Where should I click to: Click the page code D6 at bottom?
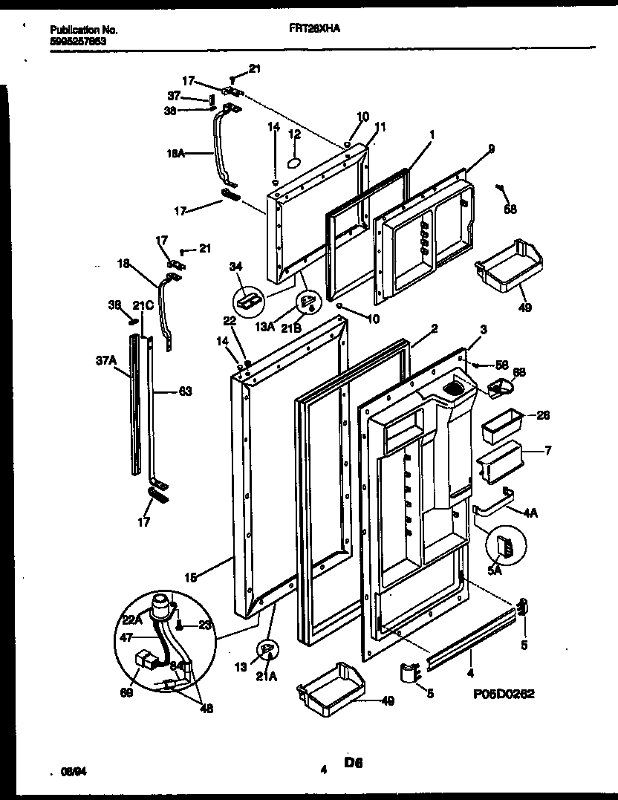point(353,762)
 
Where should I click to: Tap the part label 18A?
point(175,155)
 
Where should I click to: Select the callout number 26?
point(543,415)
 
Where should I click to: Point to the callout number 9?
point(491,149)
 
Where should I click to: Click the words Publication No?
point(83,30)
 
